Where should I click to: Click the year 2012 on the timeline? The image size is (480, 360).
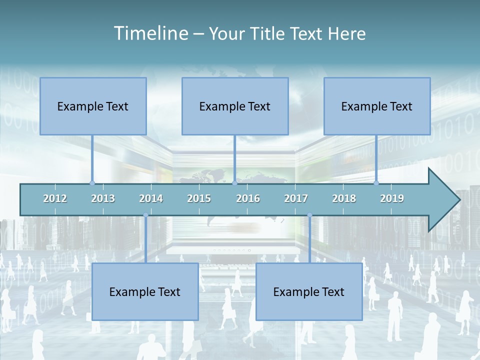[55, 198]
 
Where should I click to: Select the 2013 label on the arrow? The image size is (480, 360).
[103, 198]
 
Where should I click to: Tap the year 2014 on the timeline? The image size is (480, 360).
[151, 198]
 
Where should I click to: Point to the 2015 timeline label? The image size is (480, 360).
[199, 198]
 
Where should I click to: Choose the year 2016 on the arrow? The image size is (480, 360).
[248, 198]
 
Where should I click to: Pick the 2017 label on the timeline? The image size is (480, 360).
[296, 198]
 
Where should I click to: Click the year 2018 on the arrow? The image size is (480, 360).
[344, 198]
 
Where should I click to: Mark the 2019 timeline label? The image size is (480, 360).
[392, 198]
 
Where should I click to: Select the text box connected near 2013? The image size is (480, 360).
[93, 106]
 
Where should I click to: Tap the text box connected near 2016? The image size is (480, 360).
[235, 106]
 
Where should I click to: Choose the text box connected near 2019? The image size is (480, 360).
[377, 106]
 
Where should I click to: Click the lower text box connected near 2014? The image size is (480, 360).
[145, 291]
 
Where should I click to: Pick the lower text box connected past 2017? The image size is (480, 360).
[309, 291]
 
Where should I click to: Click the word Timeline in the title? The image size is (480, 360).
[150, 33]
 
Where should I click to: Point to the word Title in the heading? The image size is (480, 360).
[270, 33]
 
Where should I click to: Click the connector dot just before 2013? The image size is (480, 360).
[92, 183]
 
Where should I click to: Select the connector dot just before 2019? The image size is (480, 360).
[376, 183]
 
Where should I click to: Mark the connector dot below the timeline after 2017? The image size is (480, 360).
[309, 215]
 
